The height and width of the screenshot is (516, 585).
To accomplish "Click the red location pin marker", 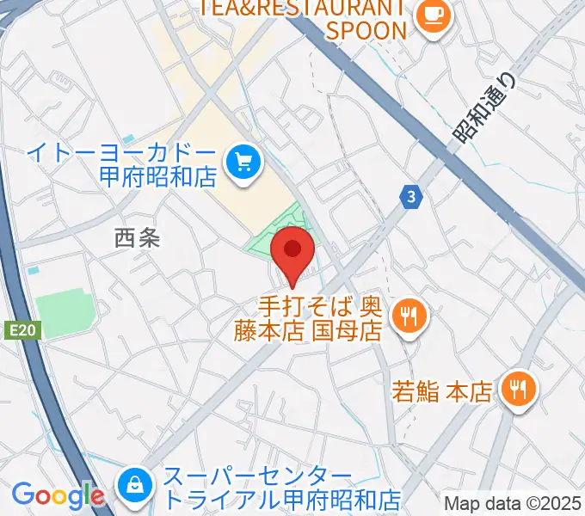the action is coord(292,251).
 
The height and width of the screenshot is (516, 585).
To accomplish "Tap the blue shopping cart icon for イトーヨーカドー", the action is coord(243,160).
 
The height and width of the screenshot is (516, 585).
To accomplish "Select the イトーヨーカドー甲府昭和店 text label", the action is coord(120,164).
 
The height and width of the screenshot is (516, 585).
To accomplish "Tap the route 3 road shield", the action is coord(414,197).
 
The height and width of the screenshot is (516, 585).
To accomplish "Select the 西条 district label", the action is coord(137,238).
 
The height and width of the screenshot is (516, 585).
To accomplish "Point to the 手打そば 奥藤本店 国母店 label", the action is coord(307,319).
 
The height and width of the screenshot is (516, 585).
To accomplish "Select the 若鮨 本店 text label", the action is coord(442,392).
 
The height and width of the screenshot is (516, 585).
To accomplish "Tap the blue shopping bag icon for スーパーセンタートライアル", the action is coord(135,485).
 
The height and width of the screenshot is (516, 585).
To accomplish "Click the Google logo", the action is coord(58,495).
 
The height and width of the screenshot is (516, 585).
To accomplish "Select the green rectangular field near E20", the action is coord(65,314).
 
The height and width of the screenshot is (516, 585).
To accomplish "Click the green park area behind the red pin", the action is coord(267,245).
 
